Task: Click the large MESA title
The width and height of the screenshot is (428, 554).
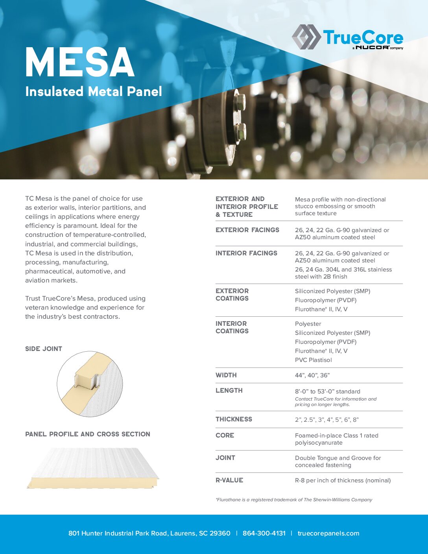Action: pos(80,63)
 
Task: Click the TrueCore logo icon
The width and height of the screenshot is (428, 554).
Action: pos(306,37)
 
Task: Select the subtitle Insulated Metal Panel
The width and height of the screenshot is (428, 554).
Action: pos(94,91)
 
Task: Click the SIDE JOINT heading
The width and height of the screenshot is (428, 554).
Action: pos(44,349)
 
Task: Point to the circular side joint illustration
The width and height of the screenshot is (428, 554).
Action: pos(90,384)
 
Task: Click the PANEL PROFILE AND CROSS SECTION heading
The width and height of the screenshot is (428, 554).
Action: pos(88,434)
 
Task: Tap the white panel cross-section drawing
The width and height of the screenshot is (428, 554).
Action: pos(93,468)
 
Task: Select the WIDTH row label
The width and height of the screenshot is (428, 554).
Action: pos(226,375)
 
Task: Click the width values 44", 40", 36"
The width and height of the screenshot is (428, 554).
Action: pos(312,375)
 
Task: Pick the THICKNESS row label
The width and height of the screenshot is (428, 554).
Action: pos(234,419)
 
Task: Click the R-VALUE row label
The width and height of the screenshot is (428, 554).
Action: pos(229,480)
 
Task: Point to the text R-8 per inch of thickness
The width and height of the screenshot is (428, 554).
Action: pos(343,480)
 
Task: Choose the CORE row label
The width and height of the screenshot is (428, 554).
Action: pos(225,435)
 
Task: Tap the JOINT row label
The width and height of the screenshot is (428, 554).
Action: pos(225,458)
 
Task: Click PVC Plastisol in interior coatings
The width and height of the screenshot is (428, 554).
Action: pos(313,360)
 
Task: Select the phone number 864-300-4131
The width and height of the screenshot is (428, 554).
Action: pos(264,533)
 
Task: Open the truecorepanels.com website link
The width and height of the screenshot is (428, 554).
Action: pos(328,533)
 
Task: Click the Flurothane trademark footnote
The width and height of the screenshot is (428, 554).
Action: pos(293,500)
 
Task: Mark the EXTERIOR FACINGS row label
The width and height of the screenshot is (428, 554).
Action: pos(247,230)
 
